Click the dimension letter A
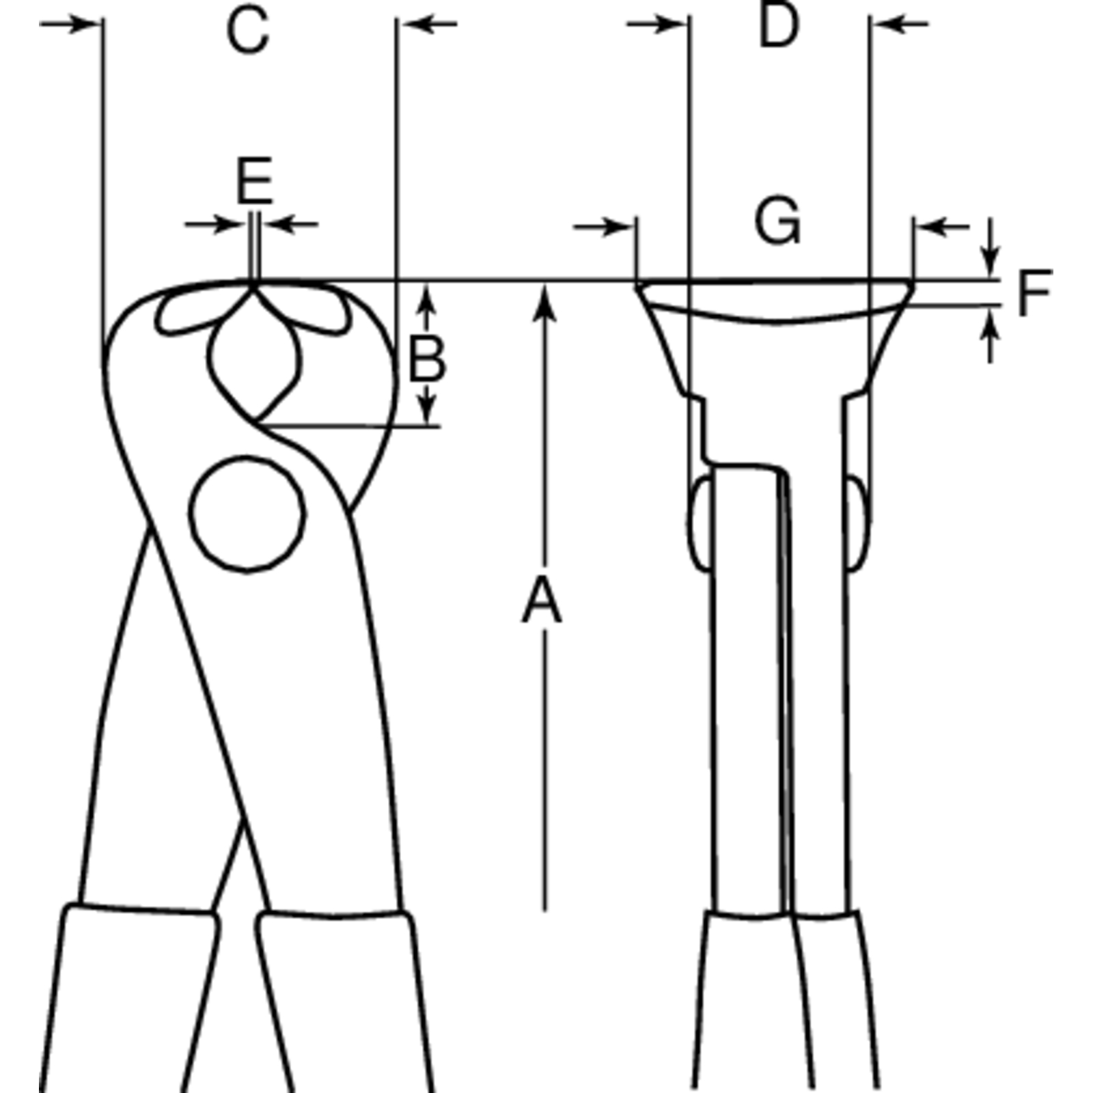click(542, 599)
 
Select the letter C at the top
click(248, 31)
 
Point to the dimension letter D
click(779, 27)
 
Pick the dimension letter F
click(1034, 293)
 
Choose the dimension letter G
click(777, 222)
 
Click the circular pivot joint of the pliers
click(247, 513)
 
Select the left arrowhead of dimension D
click(673, 24)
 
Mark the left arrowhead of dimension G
click(620, 227)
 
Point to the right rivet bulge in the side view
click(859, 523)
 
